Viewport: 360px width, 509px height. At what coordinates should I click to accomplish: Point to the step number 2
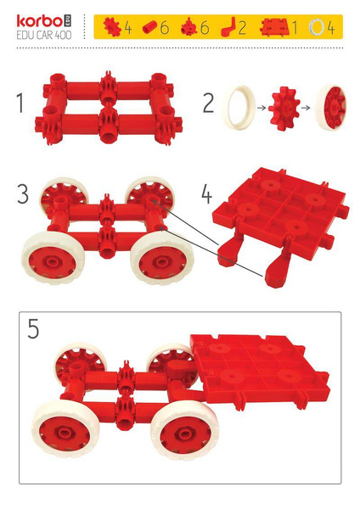click(207, 105)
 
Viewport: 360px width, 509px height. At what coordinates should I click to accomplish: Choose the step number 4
click(207, 193)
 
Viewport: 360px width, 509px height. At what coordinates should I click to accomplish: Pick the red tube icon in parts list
click(149, 28)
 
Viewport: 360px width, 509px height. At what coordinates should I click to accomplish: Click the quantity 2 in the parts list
click(242, 28)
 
